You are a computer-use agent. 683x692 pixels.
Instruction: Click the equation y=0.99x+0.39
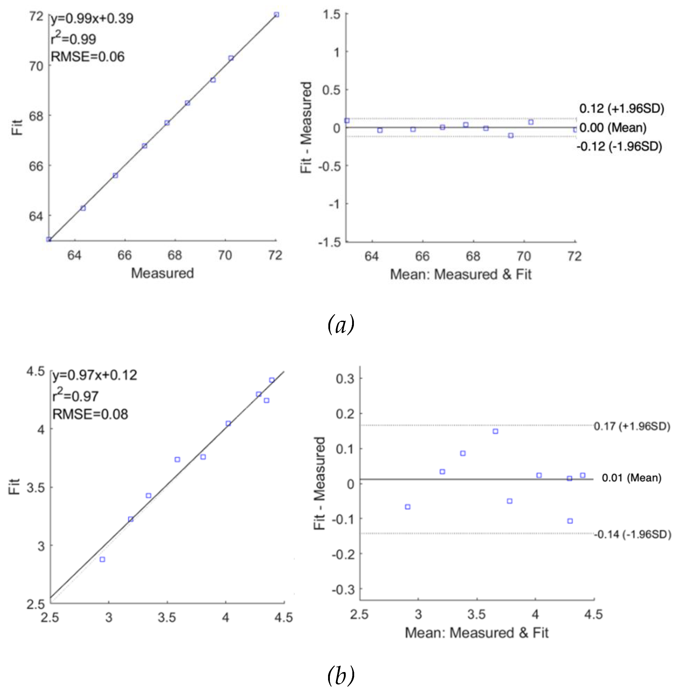click(92, 19)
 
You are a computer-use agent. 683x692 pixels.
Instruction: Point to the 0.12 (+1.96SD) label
click(621, 108)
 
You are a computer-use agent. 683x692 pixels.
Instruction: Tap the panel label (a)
click(341, 325)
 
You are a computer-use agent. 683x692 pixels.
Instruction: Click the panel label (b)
click(341, 675)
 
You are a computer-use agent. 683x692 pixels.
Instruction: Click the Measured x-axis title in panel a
click(162, 273)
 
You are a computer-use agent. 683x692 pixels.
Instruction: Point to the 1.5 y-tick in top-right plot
click(331, 15)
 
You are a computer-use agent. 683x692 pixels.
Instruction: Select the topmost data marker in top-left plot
click(276, 15)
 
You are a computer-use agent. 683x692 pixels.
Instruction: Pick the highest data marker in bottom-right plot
click(495, 431)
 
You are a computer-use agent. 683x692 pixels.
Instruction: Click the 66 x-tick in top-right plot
click(422, 256)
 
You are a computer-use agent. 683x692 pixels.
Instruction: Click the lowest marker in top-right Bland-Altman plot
click(511, 135)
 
